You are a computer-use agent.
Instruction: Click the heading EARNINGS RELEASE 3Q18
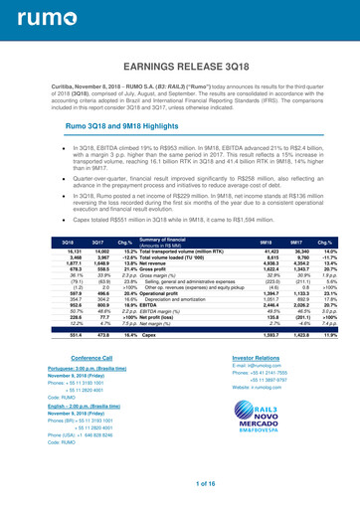[180, 68]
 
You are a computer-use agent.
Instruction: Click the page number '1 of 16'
[180, 481]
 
